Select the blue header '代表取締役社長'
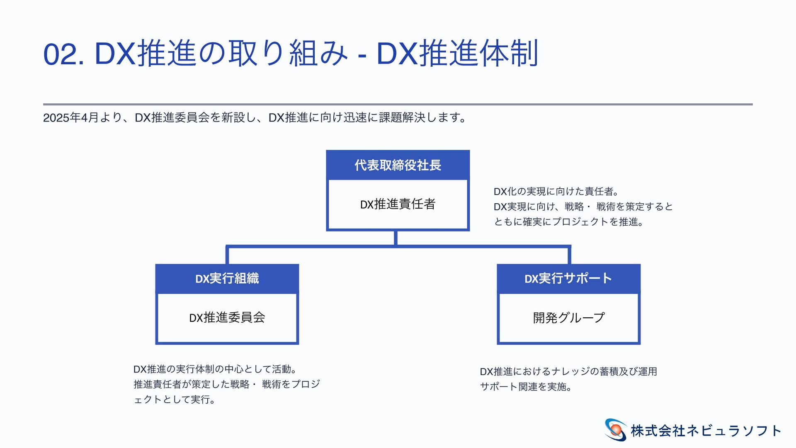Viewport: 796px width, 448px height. pos(398,165)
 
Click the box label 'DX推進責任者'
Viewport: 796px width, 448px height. pos(398,204)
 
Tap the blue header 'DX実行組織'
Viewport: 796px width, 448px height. pos(227,278)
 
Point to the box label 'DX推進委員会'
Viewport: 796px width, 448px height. pos(227,318)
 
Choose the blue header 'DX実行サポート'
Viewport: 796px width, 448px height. pos(568,278)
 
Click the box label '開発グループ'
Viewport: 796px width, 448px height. pos(568,318)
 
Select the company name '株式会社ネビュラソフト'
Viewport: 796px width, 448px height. pos(706,431)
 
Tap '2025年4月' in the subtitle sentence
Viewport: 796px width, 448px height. pos(70,118)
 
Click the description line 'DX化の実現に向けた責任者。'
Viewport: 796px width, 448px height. pos(556,192)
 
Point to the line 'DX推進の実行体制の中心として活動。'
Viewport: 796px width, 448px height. pos(215,369)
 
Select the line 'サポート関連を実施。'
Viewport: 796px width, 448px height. pos(526,387)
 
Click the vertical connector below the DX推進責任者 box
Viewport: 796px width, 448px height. pos(396,238)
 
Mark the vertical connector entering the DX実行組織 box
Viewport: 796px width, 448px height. pos(227,256)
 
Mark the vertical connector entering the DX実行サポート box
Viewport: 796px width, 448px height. pos(569,256)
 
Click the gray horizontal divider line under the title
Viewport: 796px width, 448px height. pos(398,104)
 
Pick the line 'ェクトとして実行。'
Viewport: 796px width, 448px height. pos(174,400)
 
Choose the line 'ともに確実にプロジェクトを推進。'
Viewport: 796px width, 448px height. pos(568,222)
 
